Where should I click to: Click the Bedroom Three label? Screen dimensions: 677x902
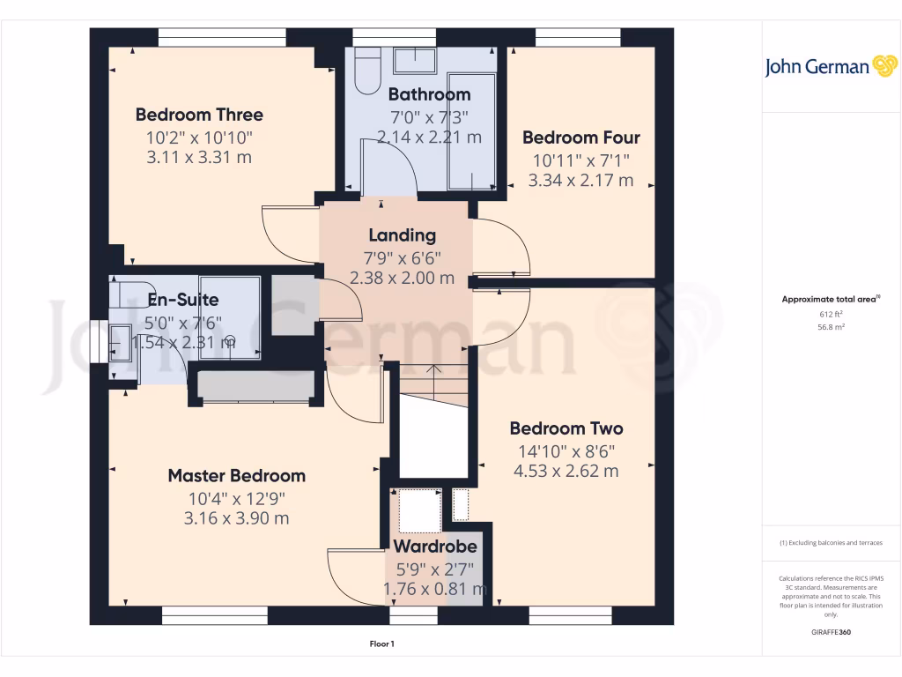click(199, 115)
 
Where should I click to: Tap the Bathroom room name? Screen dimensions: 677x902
click(429, 94)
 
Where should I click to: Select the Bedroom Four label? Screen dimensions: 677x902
click(580, 138)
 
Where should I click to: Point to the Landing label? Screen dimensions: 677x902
click(402, 235)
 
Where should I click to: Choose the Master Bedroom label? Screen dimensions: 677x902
click(236, 476)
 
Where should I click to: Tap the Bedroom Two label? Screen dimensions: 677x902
click(566, 428)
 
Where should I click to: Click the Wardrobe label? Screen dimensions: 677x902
click(434, 547)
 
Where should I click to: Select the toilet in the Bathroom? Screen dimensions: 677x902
click(366, 72)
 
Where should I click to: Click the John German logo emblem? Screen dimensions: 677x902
click(884, 66)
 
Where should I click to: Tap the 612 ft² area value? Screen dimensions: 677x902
click(831, 314)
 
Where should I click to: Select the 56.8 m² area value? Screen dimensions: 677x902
click(831, 326)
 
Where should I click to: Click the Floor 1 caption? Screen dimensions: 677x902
click(381, 644)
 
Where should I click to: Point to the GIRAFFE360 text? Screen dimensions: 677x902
click(831, 632)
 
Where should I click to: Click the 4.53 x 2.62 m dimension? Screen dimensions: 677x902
click(566, 471)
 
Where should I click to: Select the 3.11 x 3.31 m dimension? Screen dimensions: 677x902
click(199, 157)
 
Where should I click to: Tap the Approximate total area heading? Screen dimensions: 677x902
click(830, 300)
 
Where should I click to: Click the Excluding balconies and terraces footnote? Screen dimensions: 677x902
click(831, 543)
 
